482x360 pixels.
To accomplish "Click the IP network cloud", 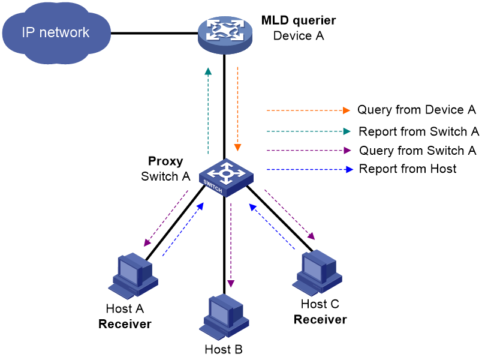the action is tap(56, 32).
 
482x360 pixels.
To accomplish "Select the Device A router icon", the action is tap(225, 34).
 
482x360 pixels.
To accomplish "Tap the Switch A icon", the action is tap(226, 178).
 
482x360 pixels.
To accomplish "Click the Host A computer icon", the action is tap(133, 276).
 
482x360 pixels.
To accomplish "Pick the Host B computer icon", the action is tap(224, 317).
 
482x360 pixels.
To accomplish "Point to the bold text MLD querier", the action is tap(299, 20).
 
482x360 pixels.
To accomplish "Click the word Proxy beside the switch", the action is tap(165, 161).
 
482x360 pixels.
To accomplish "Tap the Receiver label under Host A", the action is tap(125, 324).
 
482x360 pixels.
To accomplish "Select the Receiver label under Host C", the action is tap(320, 319).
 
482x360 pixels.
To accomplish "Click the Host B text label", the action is tap(224, 349).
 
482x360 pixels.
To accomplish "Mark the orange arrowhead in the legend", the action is tap(347, 110).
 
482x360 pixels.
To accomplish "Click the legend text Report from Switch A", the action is tap(418, 131).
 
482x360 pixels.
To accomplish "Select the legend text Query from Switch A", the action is tap(418, 151).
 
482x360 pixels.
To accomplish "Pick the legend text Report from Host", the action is tap(408, 169).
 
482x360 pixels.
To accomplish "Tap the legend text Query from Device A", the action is tap(417, 110).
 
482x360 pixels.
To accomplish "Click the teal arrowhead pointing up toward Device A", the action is tap(208, 71).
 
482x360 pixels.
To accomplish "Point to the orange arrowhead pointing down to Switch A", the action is tap(237, 148).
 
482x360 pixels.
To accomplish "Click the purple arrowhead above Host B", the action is tap(231, 284).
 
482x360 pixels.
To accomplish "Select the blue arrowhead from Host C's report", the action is tap(254, 208).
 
